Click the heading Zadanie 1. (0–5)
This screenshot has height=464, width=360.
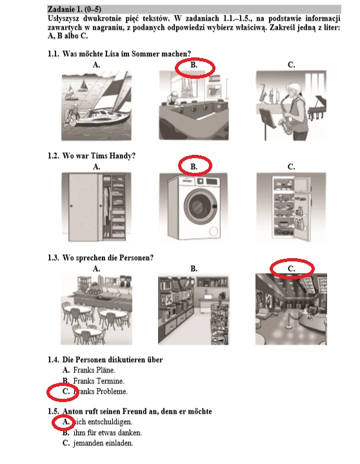coord(74,9)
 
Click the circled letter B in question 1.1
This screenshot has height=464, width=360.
coord(194,65)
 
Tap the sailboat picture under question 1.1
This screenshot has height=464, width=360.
coord(96,105)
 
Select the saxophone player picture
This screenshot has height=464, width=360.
coord(292,105)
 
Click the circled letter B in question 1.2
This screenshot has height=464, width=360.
coord(194,167)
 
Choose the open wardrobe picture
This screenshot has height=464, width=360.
coord(96,207)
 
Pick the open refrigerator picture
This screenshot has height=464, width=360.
coord(292,207)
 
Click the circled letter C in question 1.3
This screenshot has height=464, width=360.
coord(292,268)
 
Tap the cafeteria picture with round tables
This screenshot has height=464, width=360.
coord(96,309)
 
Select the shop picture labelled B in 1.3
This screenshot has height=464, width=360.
coord(194,309)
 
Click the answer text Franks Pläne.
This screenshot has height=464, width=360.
coord(94,370)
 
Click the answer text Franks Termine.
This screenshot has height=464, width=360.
coord(99,381)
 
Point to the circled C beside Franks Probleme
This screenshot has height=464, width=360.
coord(66,392)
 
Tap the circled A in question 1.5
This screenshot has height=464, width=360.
coord(66,421)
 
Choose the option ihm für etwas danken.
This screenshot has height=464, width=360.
coord(108,432)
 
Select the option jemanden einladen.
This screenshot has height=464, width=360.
coord(103,443)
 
